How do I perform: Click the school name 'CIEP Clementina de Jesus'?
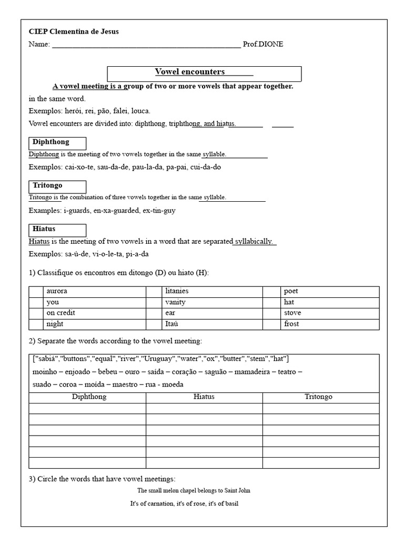[x=74, y=32]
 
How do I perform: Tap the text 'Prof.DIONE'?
[x=263, y=44]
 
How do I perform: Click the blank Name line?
[x=146, y=45]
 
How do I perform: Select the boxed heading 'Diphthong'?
[x=51, y=142]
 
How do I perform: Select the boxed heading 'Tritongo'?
[x=48, y=185]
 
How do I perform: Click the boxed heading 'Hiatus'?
[x=44, y=229]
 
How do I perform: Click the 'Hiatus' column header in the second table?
[x=204, y=397]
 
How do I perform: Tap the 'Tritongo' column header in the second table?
[x=319, y=397]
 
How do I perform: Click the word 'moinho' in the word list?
[x=44, y=372]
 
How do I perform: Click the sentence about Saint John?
[x=194, y=491]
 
